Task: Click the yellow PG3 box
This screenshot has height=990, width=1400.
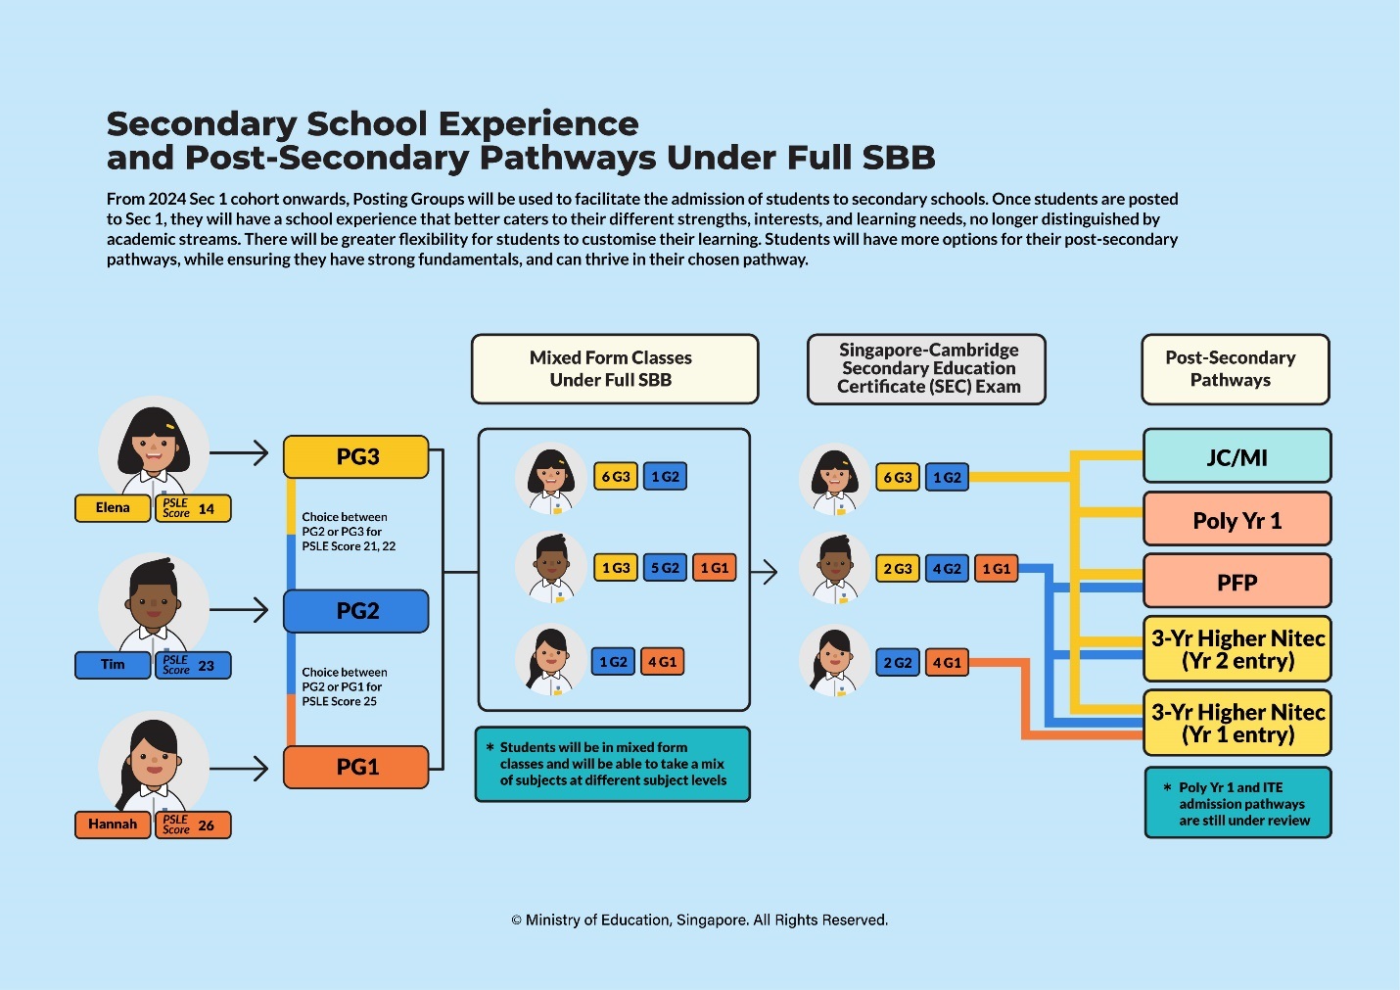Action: pos(356,457)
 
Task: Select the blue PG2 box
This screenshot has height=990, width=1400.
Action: pos(356,611)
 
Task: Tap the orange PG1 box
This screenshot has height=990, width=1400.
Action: pos(356,767)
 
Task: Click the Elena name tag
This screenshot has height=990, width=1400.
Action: pos(113,508)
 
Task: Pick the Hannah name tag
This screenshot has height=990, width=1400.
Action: pos(113,825)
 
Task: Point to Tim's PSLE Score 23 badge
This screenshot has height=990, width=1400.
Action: pos(193,666)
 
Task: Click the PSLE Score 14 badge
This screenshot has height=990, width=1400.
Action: pos(193,509)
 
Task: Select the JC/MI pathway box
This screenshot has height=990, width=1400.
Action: pos(1237,457)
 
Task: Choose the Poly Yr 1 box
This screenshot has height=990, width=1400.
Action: pos(1237,520)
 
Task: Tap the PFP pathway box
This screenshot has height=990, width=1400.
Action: pos(1237,583)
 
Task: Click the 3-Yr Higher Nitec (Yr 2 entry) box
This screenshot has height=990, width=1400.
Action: pos(1237,649)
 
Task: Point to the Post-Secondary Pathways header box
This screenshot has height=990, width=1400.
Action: pos(1235,369)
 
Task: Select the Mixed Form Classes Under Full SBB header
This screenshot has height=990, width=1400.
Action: pos(614,369)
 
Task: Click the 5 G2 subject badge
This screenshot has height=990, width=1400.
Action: pos(665,568)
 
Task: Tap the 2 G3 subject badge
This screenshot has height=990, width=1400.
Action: pos(897,569)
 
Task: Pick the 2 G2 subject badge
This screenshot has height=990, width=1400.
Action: pos(897,663)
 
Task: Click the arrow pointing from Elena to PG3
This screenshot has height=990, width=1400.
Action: pos(239,453)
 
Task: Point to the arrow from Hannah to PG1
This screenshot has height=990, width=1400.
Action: pos(239,769)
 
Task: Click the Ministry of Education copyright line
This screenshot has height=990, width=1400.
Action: pos(699,920)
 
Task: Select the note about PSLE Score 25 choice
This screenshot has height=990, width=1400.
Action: pos(344,686)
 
